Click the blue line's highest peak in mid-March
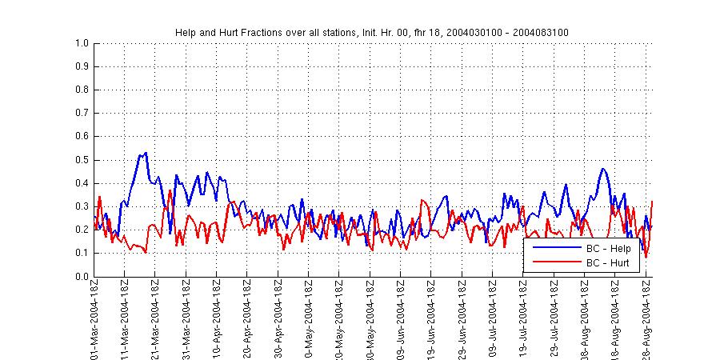tap(146, 153)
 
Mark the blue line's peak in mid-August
tap(602, 169)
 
